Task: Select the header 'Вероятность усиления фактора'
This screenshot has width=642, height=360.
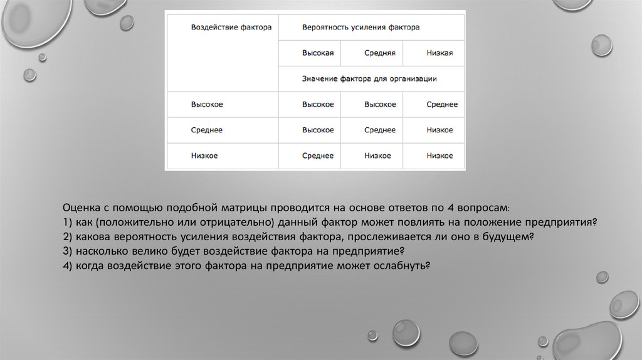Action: click(x=360, y=28)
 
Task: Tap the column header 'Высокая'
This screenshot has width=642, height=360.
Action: click(x=318, y=53)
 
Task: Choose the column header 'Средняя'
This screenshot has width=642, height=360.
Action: click(x=379, y=53)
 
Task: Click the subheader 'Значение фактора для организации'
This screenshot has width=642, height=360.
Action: click(x=369, y=79)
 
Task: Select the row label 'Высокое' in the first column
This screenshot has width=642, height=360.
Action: click(x=207, y=104)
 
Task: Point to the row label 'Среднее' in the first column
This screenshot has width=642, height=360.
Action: click(x=207, y=130)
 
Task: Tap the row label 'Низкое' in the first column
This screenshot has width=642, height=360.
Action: click(x=204, y=156)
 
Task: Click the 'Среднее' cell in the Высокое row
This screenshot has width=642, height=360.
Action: click(x=441, y=104)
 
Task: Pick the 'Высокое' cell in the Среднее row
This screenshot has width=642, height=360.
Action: click(x=318, y=130)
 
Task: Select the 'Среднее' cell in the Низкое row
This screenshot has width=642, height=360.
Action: click(x=318, y=156)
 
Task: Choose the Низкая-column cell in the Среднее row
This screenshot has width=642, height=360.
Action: click(x=439, y=130)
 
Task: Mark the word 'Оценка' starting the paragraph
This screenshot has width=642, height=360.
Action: click(x=79, y=207)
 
